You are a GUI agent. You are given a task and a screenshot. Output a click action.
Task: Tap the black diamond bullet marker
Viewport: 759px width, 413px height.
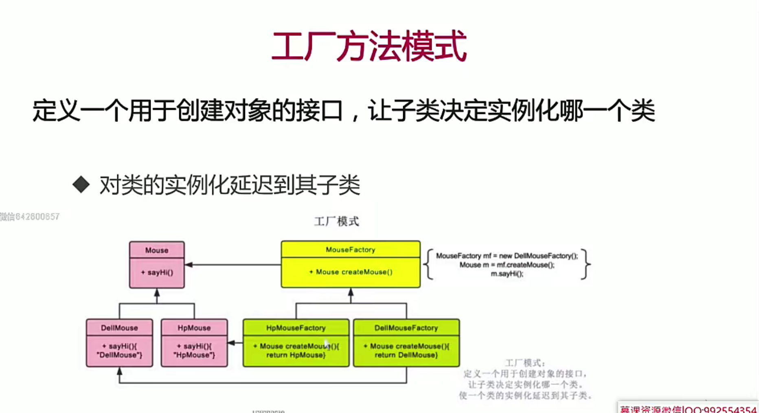coord(81,185)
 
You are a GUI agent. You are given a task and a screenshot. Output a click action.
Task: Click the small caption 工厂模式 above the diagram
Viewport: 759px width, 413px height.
coord(336,222)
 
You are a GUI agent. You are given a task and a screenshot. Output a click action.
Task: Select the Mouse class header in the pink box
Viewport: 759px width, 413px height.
coord(157,250)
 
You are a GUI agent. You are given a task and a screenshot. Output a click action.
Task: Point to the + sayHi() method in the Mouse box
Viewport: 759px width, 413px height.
coord(157,272)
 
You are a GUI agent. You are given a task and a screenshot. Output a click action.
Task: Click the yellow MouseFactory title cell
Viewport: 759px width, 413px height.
coord(350,250)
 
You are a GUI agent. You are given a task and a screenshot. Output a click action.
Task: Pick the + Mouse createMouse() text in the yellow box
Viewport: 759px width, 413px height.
coord(351,272)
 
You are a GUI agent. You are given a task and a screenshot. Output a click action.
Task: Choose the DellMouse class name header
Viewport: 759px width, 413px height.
coord(119,328)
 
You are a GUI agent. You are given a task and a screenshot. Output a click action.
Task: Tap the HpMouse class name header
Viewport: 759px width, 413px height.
coord(194,328)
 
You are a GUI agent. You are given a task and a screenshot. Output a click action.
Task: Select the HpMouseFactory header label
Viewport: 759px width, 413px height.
coord(296,328)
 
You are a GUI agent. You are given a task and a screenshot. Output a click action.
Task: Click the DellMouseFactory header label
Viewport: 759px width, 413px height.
coord(406,328)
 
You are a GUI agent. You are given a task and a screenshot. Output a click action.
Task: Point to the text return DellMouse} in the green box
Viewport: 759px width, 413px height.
coord(406,355)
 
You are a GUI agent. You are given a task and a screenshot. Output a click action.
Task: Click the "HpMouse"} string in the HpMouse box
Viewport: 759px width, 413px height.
coord(194,355)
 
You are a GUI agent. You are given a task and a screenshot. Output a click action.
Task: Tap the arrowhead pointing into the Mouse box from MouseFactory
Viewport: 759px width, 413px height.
coord(189,265)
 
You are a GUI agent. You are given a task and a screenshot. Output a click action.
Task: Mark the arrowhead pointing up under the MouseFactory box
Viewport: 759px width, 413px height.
coord(351,292)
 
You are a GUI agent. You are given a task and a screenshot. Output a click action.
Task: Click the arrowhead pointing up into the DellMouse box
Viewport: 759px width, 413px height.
coord(120,371)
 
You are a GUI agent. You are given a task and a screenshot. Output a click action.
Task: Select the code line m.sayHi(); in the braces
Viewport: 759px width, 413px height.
coord(507,274)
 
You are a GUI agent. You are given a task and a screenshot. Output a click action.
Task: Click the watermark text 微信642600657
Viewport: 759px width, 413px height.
coord(30,217)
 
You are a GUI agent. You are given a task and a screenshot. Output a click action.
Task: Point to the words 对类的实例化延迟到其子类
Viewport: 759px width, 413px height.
coord(230,185)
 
